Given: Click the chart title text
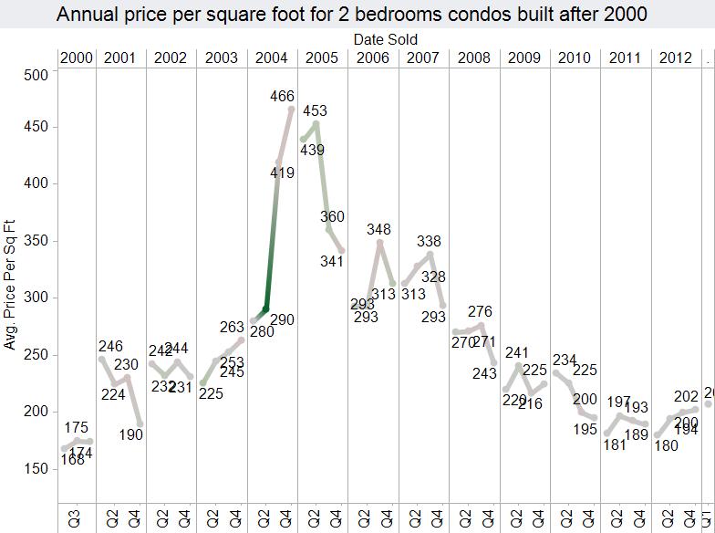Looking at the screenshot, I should tap(351, 15).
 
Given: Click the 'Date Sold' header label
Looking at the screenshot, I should tap(386, 39).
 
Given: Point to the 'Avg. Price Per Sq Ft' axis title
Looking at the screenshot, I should tap(11, 284).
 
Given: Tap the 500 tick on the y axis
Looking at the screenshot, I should tap(35, 74).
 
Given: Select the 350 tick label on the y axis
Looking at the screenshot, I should tap(35, 241).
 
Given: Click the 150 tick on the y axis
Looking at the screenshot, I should tap(35, 468).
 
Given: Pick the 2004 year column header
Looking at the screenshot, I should tap(273, 58).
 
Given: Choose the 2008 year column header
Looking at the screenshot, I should tap(474, 58).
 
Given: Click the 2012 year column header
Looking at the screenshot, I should tap(675, 58).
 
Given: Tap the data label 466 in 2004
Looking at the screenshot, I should tap(283, 96).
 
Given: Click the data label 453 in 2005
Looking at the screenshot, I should tap(315, 111).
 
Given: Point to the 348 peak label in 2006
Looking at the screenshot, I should tap(378, 229).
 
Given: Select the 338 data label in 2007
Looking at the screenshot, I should tap(429, 241).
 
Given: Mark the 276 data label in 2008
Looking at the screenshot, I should tap(480, 312).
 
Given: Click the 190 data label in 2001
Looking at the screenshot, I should tap(131, 434).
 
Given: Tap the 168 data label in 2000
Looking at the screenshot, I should tap(72, 460).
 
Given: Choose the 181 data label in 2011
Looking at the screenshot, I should tap(616, 445).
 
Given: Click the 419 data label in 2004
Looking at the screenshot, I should tap(283, 172).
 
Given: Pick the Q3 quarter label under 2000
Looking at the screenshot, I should tap(75, 518).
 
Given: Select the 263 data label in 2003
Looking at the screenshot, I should tap(233, 328).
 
